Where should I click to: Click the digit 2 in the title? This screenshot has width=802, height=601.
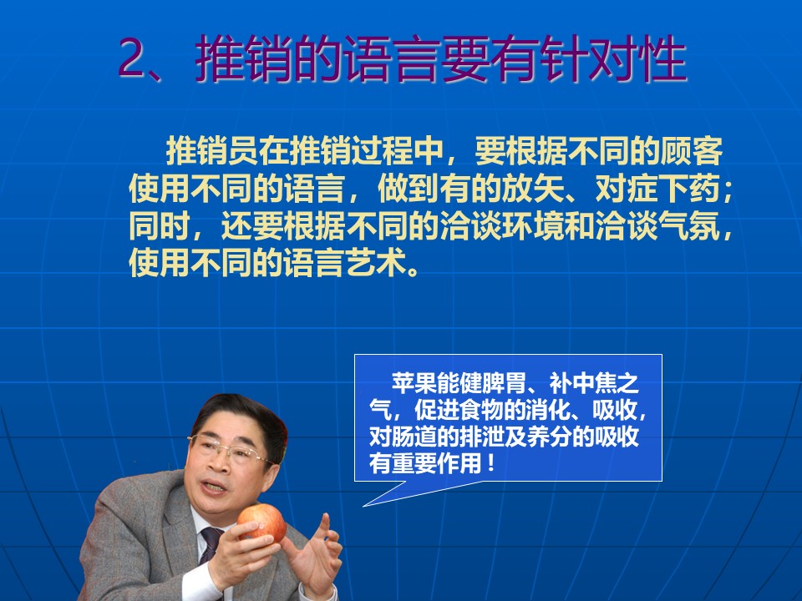tap(133, 58)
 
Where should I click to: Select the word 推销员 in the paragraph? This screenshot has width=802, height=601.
tap(212, 151)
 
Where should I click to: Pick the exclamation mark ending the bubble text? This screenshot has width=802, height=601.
tap(491, 463)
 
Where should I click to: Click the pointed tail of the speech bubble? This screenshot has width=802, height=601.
tap(364, 506)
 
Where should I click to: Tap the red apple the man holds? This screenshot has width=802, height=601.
tap(261, 523)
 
